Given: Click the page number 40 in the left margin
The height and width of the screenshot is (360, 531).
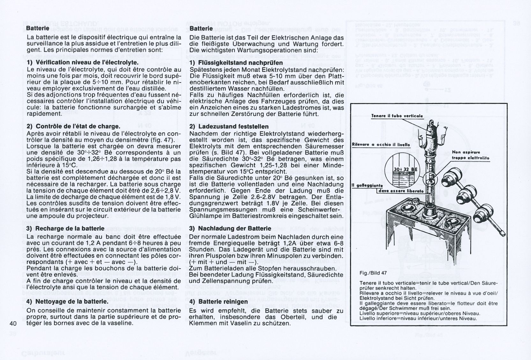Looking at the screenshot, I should coord(13,323).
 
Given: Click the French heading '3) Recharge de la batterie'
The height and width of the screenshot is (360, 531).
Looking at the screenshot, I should coord(65,228).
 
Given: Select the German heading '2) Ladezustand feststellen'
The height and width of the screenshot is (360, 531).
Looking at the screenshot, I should coord(229,127).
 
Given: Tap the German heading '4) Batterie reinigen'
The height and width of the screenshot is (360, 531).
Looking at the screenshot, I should coord(218,301).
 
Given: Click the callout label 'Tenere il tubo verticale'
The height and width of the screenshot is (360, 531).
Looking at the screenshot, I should coord(397,116).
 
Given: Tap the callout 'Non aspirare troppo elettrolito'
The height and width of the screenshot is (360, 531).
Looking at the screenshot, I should coord(470,155).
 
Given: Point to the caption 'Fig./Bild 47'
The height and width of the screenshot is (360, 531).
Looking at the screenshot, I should coord(373,273).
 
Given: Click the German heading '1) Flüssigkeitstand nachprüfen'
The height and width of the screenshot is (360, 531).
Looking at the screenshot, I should coord(236,62).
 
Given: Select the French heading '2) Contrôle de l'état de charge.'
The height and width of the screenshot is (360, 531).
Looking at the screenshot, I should coord(73,126).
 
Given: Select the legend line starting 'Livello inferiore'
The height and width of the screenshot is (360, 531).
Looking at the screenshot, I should coord(418,318).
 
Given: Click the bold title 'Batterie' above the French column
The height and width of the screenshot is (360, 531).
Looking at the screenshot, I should coord(38,28).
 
